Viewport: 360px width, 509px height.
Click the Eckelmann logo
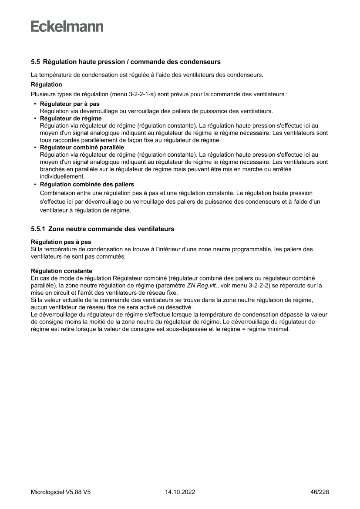67,27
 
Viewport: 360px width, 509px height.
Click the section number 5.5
36,62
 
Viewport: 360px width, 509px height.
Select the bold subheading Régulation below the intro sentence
46,84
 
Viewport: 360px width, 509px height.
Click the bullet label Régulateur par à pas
69,104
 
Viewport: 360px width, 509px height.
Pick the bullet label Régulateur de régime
71,118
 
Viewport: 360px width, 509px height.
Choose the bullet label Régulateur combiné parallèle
82,148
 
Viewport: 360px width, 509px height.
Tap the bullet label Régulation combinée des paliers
87,184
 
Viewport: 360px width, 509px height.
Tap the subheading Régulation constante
61,271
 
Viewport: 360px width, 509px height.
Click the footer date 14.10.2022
180,492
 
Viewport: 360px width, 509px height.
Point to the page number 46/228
319,492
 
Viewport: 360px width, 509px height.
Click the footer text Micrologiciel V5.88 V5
61,492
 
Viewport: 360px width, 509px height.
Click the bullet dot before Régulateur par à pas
35,104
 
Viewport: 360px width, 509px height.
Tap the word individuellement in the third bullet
62,176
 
